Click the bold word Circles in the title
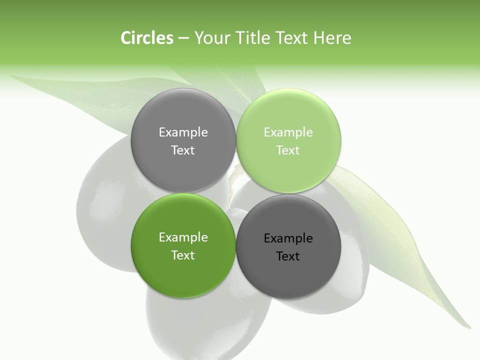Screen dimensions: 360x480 [146, 38]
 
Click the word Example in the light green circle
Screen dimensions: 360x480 [288, 132]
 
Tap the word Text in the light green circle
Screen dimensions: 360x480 [288, 150]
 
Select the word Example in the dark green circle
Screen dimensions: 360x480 [183, 237]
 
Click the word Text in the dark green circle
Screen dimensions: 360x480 [183, 255]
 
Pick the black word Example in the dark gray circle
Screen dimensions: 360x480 [288, 238]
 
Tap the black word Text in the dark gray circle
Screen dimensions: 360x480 [288, 256]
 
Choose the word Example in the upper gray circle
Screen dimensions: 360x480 [183, 132]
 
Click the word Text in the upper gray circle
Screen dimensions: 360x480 [183, 150]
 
